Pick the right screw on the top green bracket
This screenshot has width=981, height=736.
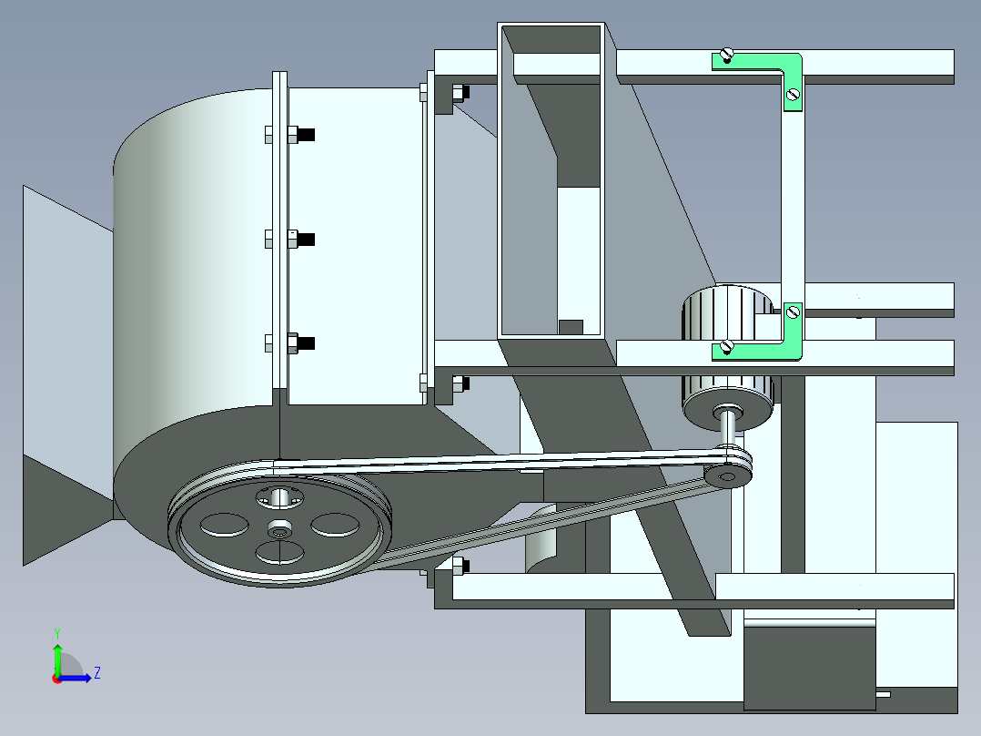(792, 93)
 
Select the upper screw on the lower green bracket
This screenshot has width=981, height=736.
(792, 312)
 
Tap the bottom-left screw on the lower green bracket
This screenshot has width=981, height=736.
(726, 345)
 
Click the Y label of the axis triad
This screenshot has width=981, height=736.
(56, 632)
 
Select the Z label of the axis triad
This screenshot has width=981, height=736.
(96, 673)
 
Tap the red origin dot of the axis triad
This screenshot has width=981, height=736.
(56, 679)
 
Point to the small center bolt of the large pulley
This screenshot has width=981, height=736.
(279, 529)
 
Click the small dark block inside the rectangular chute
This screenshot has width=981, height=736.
(570, 326)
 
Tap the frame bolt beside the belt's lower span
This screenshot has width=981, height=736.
(460, 566)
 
